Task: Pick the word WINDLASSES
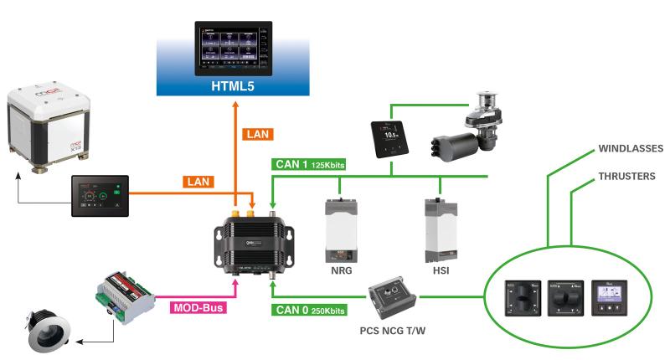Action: tap(631, 149)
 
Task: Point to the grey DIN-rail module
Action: tap(125, 290)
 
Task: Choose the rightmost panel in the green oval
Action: tap(606, 296)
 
